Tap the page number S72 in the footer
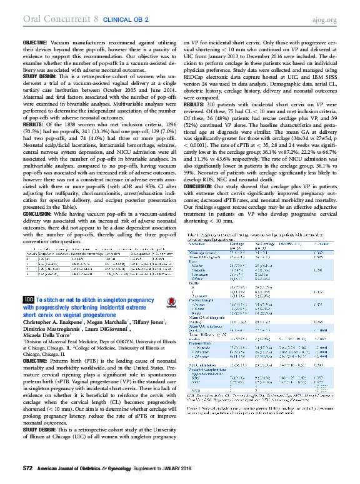[x=27, y=468]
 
